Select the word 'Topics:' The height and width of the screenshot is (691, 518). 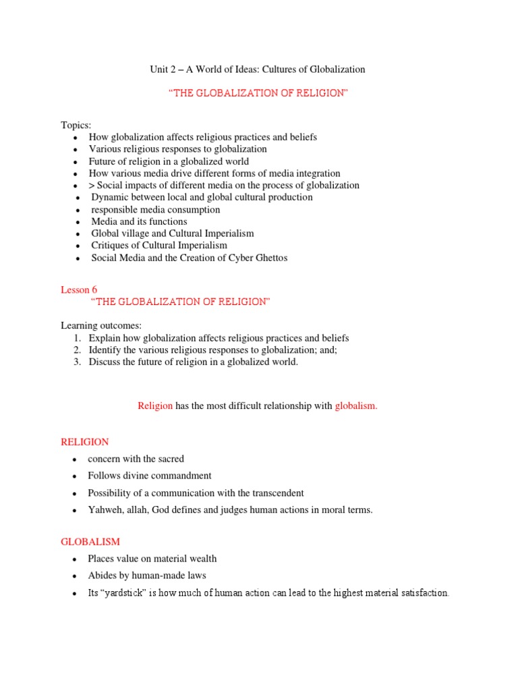76,125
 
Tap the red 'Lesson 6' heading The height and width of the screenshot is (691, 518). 79,289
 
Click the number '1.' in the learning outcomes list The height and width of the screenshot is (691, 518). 78,338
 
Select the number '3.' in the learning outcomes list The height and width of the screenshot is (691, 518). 78,362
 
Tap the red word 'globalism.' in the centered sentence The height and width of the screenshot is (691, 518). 356,406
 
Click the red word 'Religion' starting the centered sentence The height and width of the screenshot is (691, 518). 155,406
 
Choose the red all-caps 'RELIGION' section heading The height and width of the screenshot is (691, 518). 84,442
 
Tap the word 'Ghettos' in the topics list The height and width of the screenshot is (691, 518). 270,258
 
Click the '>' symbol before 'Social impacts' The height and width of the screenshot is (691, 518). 92,186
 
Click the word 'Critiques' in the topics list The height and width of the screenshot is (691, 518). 111,246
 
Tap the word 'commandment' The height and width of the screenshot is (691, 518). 183,476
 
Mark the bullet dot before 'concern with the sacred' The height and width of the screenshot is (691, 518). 74,460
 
